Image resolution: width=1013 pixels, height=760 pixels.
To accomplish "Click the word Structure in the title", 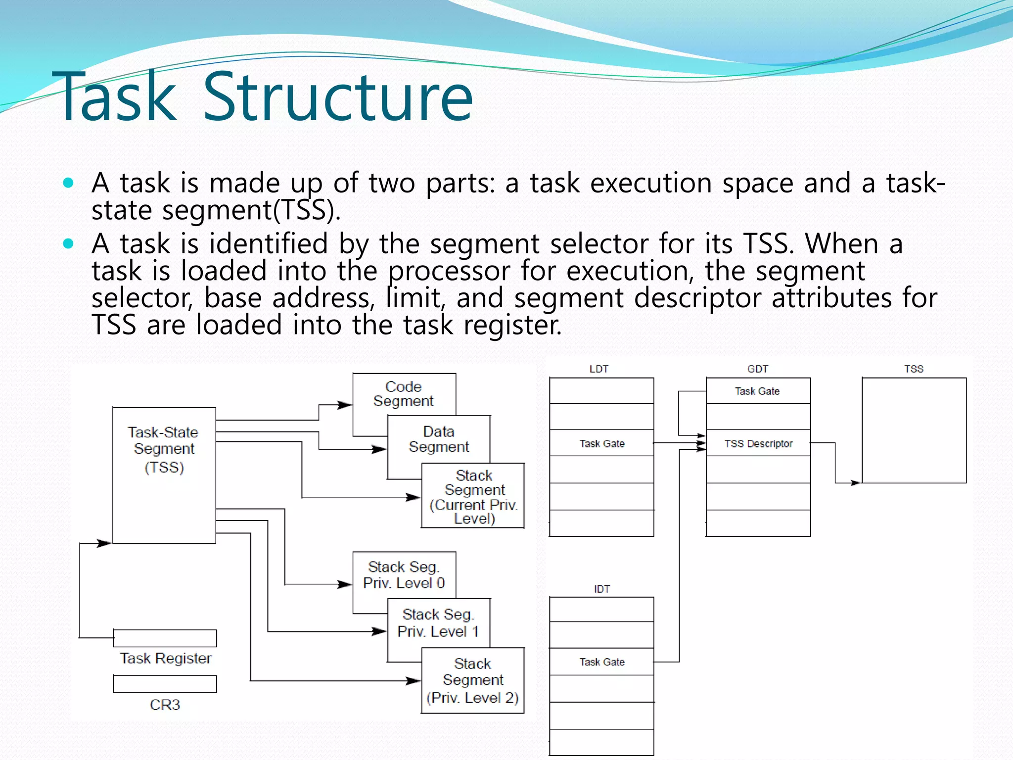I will pyautogui.click(x=338, y=96).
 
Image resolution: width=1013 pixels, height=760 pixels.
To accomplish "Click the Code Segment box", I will pyautogui.click(x=404, y=394).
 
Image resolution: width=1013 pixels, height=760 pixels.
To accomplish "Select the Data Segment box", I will pyautogui.click(x=439, y=439).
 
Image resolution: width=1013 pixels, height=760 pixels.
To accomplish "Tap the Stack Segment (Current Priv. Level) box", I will pyautogui.click(x=473, y=496).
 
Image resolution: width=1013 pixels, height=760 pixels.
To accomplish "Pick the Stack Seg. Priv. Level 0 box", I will pyautogui.click(x=404, y=575).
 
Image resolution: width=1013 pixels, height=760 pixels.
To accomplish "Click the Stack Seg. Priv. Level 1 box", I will pyautogui.click(x=438, y=623).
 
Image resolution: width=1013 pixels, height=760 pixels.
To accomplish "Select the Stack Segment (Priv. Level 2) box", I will pyautogui.click(x=473, y=680).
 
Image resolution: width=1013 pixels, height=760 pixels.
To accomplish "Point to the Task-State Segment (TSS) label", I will pyautogui.click(x=164, y=449).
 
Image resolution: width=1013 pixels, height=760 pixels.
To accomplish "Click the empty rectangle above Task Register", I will pyautogui.click(x=165, y=638).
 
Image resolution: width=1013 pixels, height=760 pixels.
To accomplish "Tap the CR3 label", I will pyautogui.click(x=165, y=705).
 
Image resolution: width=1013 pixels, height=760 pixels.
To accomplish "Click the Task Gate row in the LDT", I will pyautogui.click(x=601, y=443).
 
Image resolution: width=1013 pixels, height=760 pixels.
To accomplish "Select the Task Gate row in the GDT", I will pyautogui.click(x=757, y=391).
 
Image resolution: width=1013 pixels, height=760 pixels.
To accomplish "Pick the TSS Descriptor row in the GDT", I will pyautogui.click(x=758, y=443).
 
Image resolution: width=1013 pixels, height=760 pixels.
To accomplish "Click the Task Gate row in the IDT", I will pyautogui.click(x=601, y=662).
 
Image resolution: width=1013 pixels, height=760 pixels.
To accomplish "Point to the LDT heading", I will pyautogui.click(x=599, y=369).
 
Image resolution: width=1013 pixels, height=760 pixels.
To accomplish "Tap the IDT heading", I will pyautogui.click(x=601, y=589).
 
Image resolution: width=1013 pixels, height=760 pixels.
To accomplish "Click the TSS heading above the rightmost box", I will pyautogui.click(x=914, y=369).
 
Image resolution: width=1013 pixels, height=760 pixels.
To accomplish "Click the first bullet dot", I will pyautogui.click(x=69, y=183).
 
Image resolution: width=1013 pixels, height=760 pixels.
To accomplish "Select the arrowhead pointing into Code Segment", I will pyautogui.click(x=346, y=405).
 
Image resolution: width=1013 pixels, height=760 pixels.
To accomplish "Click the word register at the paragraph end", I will pyautogui.click(x=512, y=326).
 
